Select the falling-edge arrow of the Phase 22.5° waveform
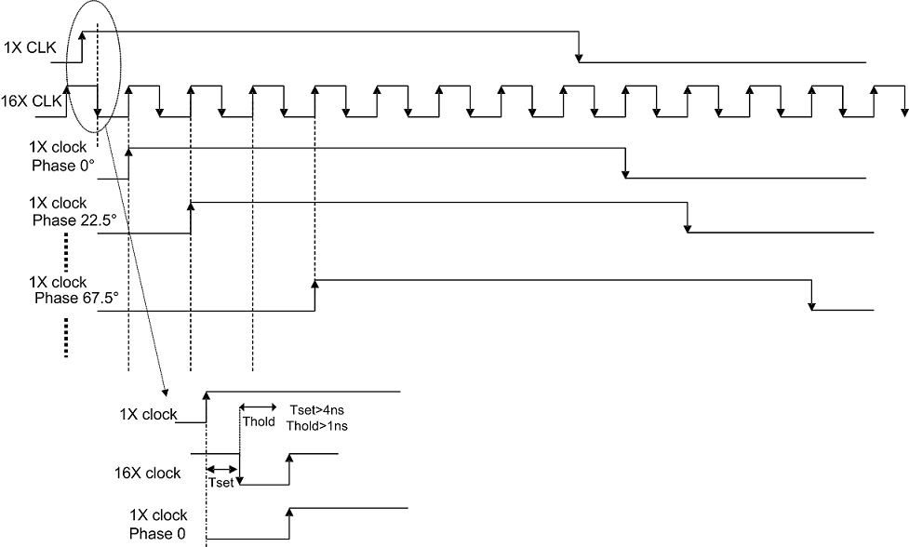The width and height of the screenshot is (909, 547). click(x=688, y=226)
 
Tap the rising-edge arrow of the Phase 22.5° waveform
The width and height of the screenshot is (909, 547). click(x=191, y=207)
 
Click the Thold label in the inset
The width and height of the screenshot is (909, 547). click(x=258, y=421)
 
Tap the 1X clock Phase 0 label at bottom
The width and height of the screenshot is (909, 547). click(x=158, y=525)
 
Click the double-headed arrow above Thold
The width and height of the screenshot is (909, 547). click(x=259, y=407)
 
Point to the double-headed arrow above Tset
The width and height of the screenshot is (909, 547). click(x=222, y=469)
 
